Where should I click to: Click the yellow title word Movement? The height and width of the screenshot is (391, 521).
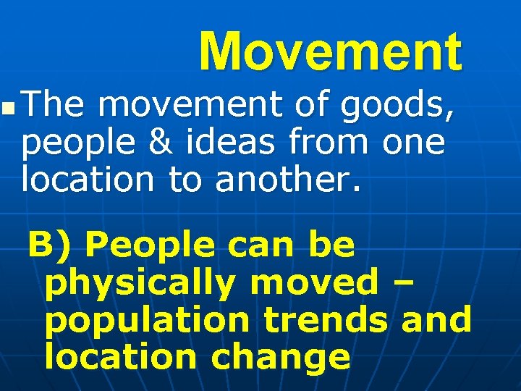(330, 52)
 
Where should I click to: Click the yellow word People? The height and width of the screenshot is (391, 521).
(150, 246)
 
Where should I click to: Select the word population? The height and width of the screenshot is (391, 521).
(148, 319)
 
